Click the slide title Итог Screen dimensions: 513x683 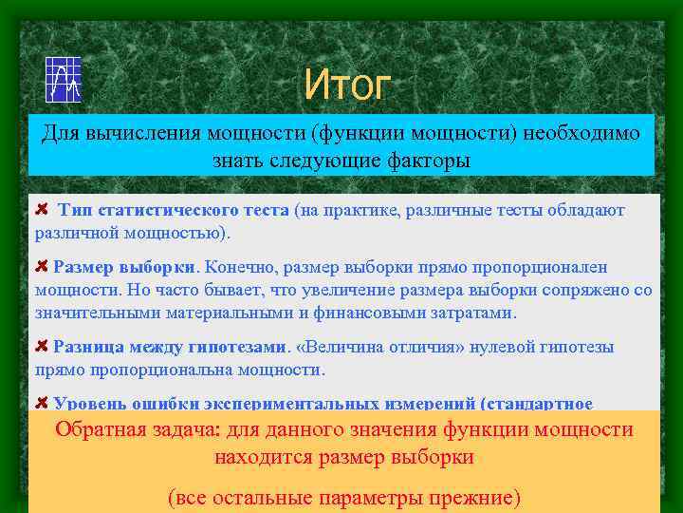(x=346, y=85)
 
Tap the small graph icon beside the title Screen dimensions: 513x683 (x=64, y=80)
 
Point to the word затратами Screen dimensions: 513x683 (x=475, y=312)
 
